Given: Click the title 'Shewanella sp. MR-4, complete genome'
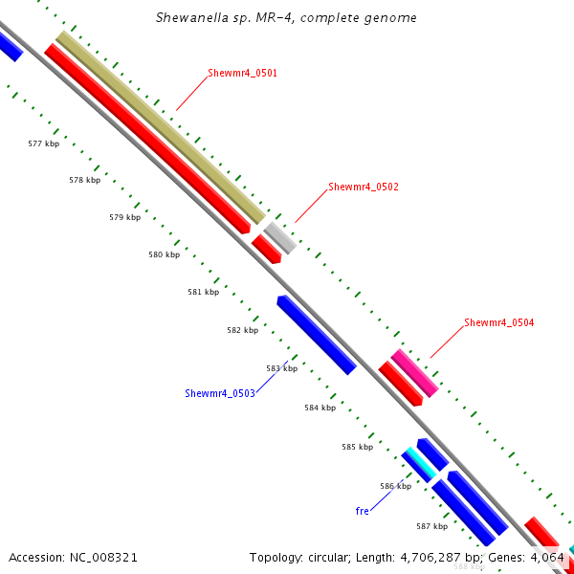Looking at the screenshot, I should point(286,18).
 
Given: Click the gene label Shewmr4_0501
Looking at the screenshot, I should point(242,73).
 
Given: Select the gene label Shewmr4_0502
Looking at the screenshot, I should point(363,187).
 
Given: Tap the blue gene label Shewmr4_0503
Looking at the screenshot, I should point(219,393).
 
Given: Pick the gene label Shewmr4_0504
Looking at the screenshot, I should point(498,322).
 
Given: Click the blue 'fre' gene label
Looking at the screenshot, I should point(362,511).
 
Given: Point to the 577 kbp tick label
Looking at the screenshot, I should point(43,143).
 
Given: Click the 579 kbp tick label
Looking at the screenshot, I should point(124,217).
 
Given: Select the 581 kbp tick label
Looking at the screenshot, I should point(203,292).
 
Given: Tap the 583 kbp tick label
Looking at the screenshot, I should point(281,368).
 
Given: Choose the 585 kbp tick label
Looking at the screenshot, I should point(357,447).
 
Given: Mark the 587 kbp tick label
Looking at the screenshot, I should point(431,526).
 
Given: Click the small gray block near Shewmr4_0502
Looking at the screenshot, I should point(280,236).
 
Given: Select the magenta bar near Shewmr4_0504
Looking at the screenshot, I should point(414,373).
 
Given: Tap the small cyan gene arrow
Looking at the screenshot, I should point(418,463).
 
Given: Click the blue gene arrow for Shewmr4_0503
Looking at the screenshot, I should point(316,335).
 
